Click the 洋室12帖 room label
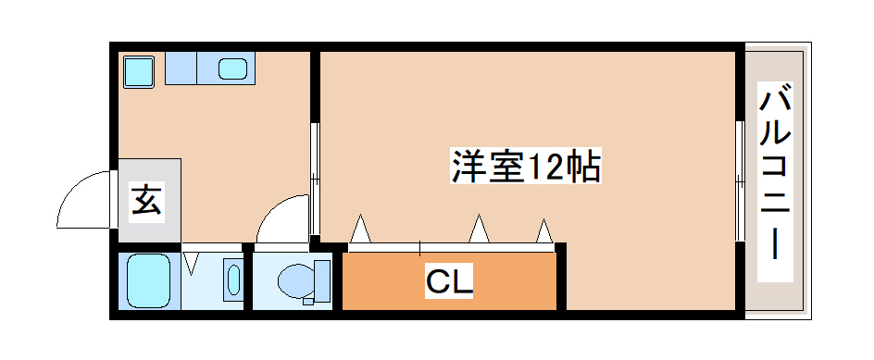pyautogui.click(x=526, y=167)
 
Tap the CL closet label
pyautogui.click(x=450, y=280)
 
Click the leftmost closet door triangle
pyautogui.click(x=360, y=229)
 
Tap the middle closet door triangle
pyautogui.click(x=479, y=228)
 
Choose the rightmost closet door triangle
pyautogui.click(x=543, y=230)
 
